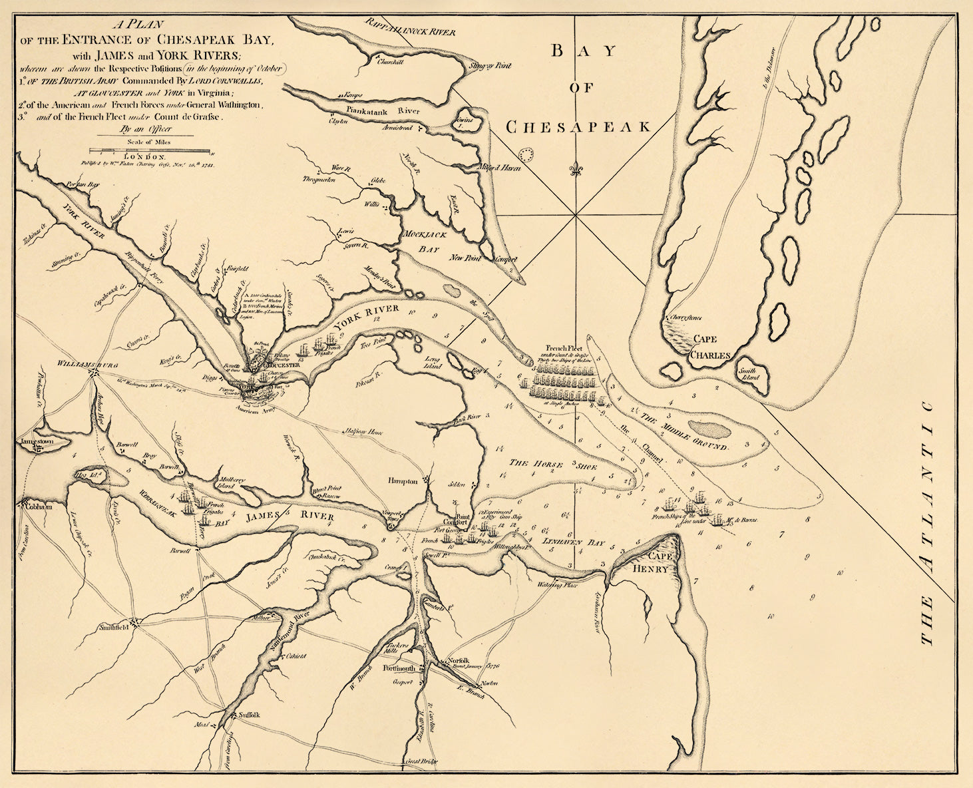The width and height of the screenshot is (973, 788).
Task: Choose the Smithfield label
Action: point(113,627)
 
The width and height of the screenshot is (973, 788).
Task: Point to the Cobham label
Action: point(37,506)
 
